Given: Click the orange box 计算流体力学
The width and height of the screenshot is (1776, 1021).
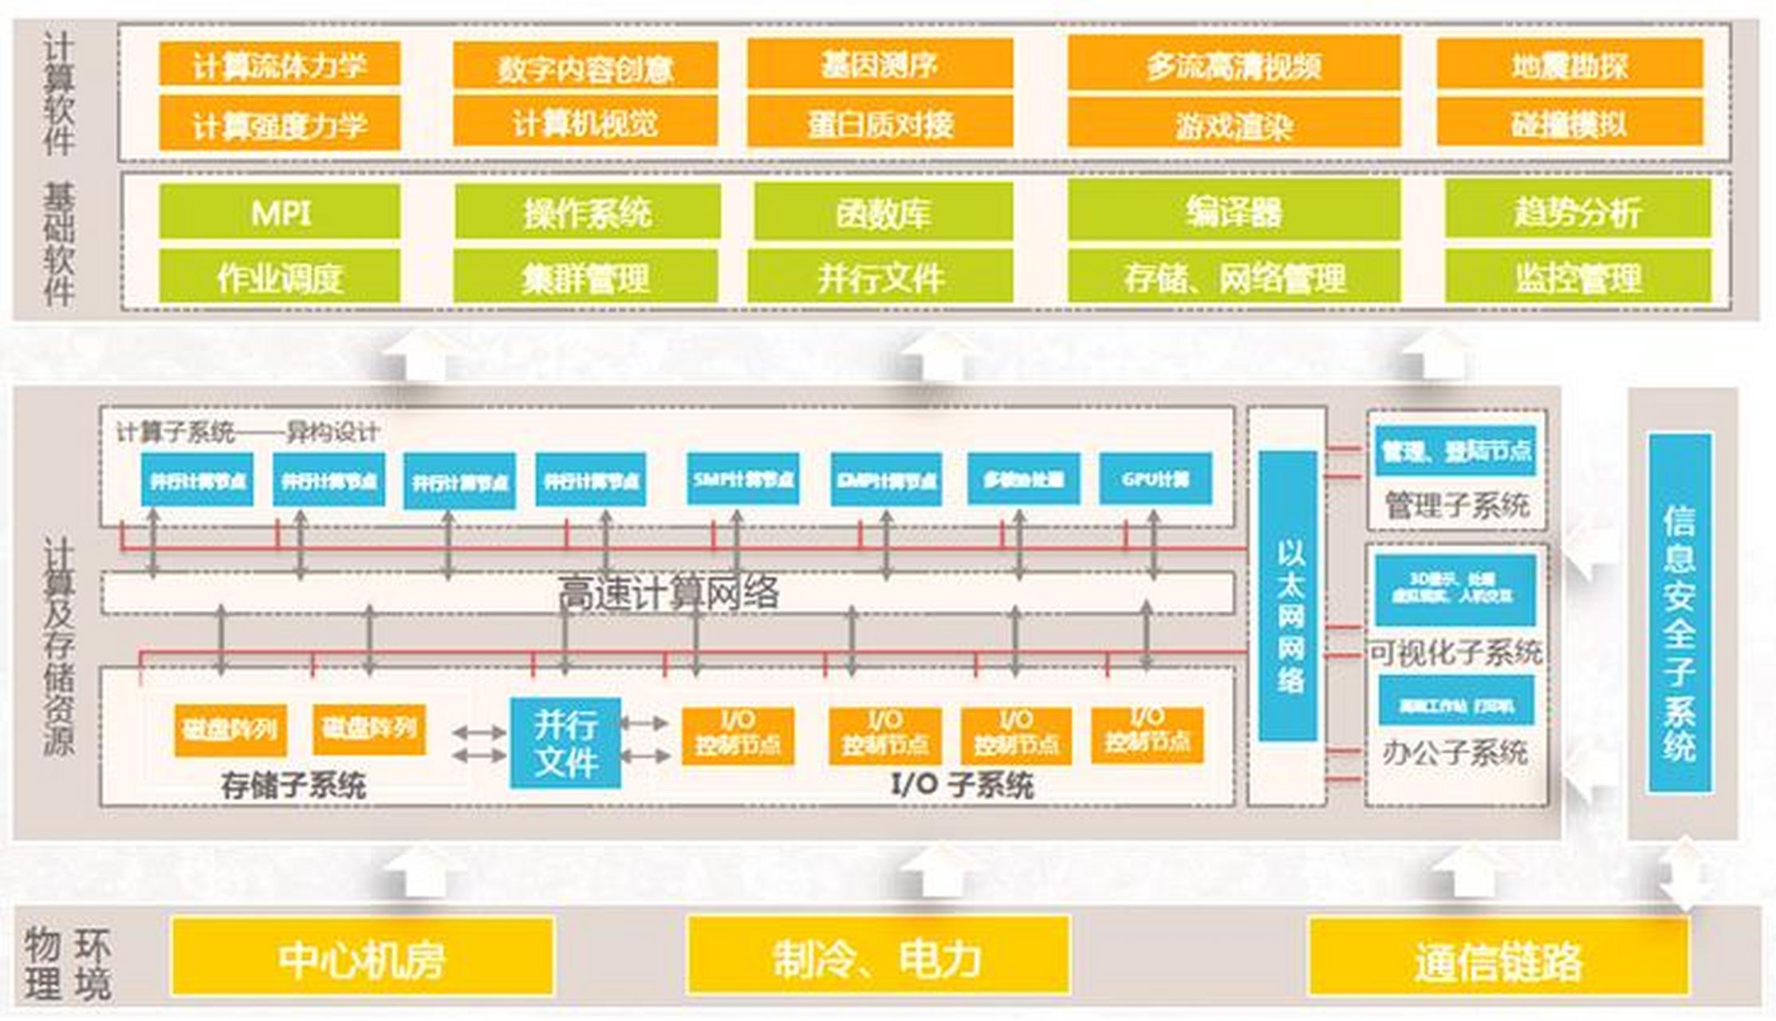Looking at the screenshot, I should pos(279,65).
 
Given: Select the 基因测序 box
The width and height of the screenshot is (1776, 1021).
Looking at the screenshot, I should pos(880,65).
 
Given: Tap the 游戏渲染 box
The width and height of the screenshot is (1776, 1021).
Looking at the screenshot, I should pos(1234,124).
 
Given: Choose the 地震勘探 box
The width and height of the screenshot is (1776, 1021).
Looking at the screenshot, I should pos(1569,65).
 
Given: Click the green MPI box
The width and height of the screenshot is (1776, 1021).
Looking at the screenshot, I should pos(279,212).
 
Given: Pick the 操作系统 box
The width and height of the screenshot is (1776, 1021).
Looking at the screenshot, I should pos(587,212).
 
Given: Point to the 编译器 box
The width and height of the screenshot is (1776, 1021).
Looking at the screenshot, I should pos(1234,211).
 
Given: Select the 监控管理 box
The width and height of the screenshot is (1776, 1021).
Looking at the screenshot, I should pos(1577,278).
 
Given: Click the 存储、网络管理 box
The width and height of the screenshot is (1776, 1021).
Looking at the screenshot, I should pos(1234,278).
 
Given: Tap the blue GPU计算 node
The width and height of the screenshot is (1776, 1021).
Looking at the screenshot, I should pos(1156,479).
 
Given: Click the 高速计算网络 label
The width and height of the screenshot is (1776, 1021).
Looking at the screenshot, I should pos(668,593).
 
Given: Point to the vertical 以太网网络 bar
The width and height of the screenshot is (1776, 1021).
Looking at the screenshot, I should pos(1288,595).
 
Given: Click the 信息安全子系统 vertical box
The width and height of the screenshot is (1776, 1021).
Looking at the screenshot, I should pos(1680,612).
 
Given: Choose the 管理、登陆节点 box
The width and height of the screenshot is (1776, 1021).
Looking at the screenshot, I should pos(1455,451).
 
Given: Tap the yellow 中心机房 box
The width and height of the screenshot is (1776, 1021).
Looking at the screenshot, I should pos(362,957).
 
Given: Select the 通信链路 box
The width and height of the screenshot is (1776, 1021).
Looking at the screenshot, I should pos(1498,960).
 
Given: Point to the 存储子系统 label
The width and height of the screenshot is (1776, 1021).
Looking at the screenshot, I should pos(293,786).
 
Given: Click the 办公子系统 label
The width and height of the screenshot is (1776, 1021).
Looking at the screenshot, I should pos(1455,752).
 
